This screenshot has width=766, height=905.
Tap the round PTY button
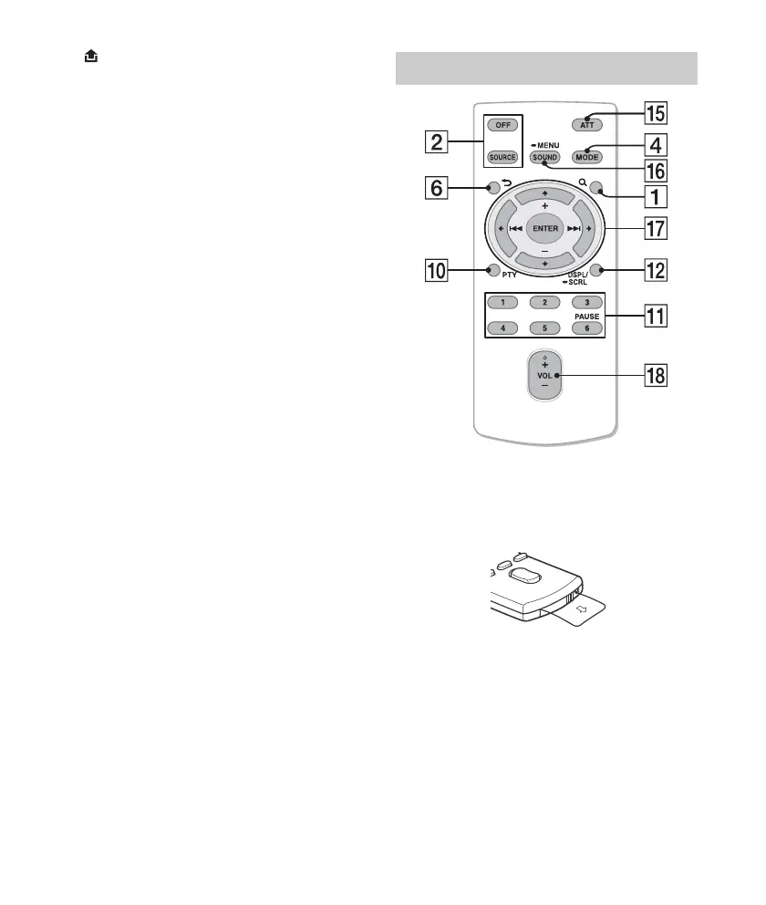[x=493, y=270]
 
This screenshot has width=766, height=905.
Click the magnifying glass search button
[x=595, y=190]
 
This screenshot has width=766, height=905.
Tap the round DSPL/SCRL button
[x=595, y=270]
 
